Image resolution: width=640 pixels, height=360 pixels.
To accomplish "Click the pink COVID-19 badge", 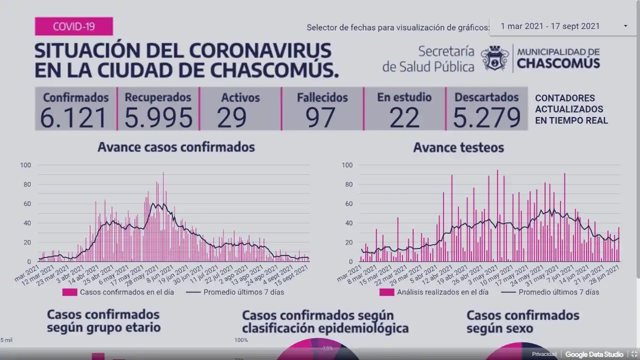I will (73, 26).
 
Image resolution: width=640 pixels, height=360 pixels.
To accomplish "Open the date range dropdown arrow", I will (625, 26).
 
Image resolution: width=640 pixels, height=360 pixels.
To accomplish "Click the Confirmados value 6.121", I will (74, 117).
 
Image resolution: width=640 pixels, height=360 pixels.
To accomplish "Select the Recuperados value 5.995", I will (158, 117).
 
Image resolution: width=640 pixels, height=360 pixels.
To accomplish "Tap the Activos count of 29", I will (232, 117).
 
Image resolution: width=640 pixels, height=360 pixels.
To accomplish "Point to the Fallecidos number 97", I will (321, 117).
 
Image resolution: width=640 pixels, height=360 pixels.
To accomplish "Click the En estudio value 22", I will (404, 117).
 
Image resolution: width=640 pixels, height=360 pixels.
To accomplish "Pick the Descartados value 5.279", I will (487, 117).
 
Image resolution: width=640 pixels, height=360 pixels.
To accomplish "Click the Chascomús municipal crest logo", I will (495, 58).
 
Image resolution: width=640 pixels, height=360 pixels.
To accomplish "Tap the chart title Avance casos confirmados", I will (176, 147).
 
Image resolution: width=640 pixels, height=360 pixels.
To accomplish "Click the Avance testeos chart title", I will (458, 147).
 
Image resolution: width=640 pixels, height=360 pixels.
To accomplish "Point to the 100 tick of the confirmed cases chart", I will (25, 165).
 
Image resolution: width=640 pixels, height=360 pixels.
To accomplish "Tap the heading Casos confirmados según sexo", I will (522, 322).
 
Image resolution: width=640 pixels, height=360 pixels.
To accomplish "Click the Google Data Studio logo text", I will (594, 354).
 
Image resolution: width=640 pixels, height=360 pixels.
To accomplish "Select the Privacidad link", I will (544, 354).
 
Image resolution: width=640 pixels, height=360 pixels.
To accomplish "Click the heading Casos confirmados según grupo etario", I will (103, 321).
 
